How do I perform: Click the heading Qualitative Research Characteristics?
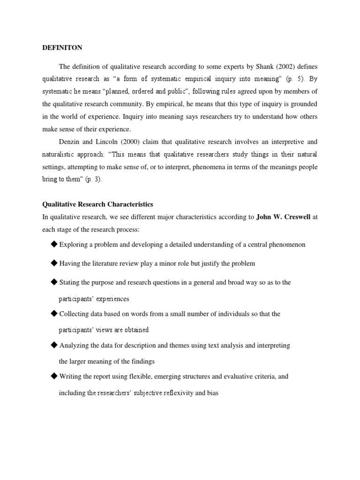coord(97,204)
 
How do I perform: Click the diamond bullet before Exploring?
coord(54,244)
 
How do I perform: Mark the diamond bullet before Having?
coord(54,263)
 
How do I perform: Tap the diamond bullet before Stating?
coord(54,282)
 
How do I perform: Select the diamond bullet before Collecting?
coord(54,313)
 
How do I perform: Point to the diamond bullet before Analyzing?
coord(54,345)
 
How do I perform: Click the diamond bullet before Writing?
coord(54,376)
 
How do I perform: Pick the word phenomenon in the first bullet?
coord(286,245)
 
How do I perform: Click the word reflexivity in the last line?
coord(187,393)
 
